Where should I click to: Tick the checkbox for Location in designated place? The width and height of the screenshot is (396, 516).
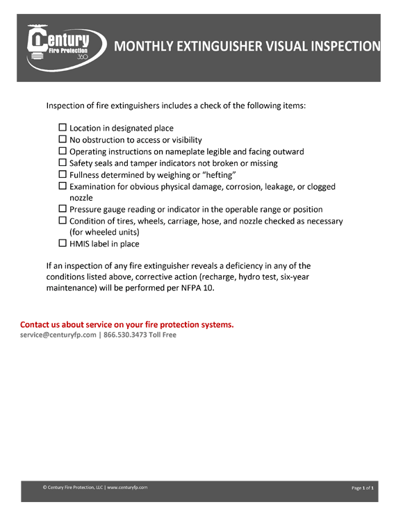tap(63, 128)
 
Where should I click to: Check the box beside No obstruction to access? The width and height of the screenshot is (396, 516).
tap(63, 140)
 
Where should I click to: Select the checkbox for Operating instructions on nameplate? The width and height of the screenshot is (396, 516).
tap(63, 151)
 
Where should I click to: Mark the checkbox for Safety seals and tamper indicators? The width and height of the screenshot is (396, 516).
tap(63, 163)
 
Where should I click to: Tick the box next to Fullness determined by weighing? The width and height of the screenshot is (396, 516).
tap(63, 175)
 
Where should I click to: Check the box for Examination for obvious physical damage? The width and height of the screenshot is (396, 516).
tap(63, 186)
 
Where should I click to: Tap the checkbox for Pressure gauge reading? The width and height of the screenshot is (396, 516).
tap(63, 209)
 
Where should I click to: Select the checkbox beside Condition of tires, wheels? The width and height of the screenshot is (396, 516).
tap(63, 221)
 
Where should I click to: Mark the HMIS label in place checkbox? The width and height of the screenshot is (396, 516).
tap(63, 244)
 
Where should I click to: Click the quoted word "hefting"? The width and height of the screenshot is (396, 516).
tap(216, 175)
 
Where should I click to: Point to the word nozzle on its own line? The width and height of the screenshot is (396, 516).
tap(83, 198)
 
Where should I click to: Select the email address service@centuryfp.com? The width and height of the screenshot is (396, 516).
tap(58, 335)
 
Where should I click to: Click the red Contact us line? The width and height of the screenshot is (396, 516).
tap(126, 324)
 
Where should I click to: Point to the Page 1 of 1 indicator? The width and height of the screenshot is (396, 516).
tap(363, 488)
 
